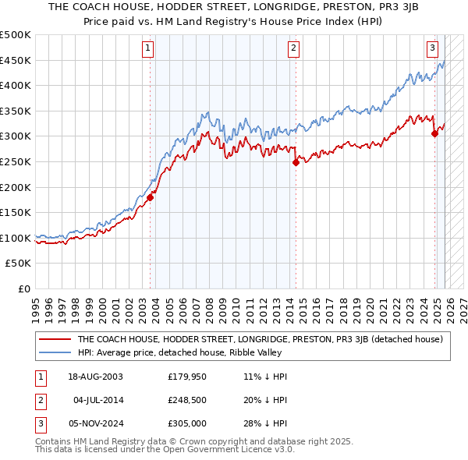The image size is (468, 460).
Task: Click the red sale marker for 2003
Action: (x=150, y=197)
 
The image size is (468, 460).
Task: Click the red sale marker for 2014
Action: (x=296, y=162)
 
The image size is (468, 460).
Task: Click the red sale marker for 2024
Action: (x=434, y=133)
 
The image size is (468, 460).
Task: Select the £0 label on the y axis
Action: (x=23, y=288)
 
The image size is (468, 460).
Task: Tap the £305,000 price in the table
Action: (x=187, y=423)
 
